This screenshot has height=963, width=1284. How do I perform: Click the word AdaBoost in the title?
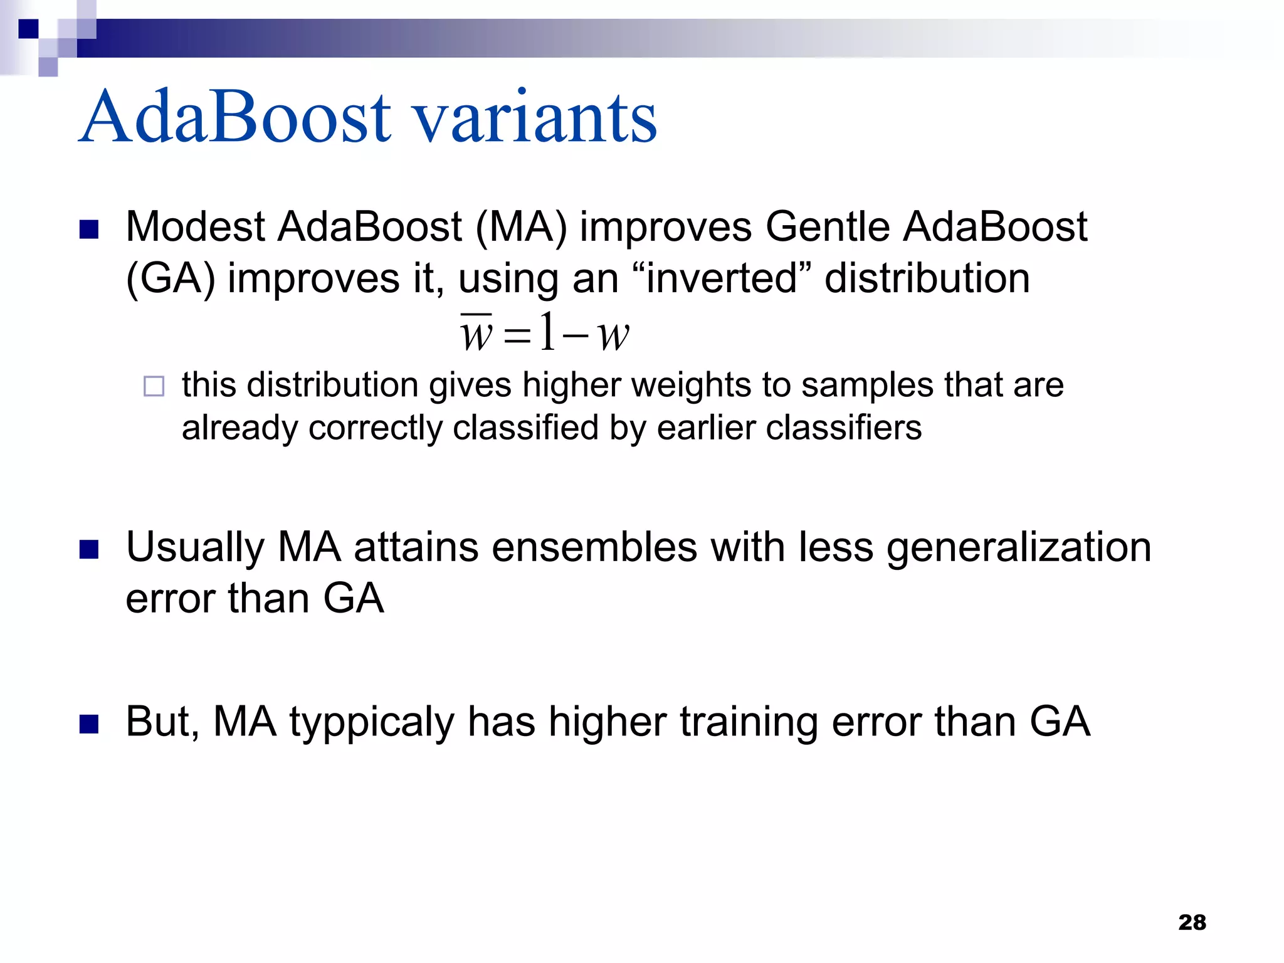pyautogui.click(x=235, y=117)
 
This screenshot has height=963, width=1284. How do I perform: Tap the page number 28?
pyautogui.click(x=1192, y=922)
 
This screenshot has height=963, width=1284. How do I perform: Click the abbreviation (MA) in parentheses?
pyautogui.click(x=521, y=227)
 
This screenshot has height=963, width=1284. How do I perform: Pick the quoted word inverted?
pyautogui.click(x=722, y=278)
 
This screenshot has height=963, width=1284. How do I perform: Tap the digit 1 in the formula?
pyautogui.click(x=547, y=332)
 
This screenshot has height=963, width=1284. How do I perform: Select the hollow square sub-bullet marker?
pyautogui.click(x=154, y=386)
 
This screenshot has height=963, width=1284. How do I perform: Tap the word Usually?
pyautogui.click(x=195, y=548)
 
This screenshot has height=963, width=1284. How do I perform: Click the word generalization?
pyautogui.click(x=1019, y=548)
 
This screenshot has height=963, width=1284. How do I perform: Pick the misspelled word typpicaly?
pyautogui.click(x=371, y=723)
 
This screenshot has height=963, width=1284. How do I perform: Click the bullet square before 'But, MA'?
pyautogui.click(x=89, y=724)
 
